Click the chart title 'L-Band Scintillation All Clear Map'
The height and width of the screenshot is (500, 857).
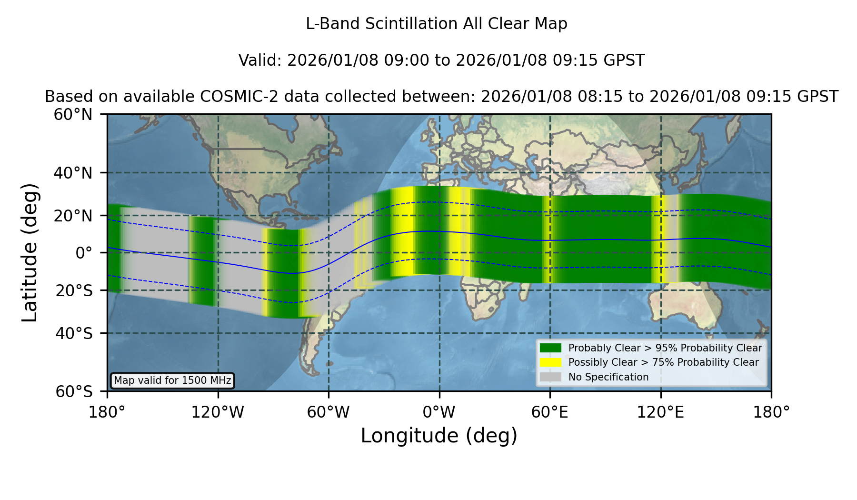pos(437,24)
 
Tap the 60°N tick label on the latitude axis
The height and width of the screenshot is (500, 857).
pos(73,115)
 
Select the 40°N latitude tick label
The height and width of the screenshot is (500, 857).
pos(73,173)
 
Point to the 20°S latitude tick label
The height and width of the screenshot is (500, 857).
pos(74,290)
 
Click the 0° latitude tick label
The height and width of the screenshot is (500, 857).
pos(84,253)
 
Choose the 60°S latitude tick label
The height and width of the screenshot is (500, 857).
pos(74,392)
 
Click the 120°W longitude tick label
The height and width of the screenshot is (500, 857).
pos(218,412)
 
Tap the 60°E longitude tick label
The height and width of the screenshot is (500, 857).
pos(550,412)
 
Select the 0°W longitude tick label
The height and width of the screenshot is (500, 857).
pos(439,412)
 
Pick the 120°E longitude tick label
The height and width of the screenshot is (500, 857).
pos(661,412)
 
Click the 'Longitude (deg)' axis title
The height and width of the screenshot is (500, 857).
pos(439,436)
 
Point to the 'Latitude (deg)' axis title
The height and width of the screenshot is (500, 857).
pos(30,253)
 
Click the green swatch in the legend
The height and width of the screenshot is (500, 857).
pos(550,348)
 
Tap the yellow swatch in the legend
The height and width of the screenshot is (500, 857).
pos(550,362)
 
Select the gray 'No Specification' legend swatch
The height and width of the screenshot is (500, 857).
pos(550,377)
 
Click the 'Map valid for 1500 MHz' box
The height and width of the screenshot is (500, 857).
pos(172,380)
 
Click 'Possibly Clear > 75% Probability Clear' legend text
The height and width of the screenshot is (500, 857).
pos(664,362)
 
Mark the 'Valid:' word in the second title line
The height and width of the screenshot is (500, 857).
pos(260,60)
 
